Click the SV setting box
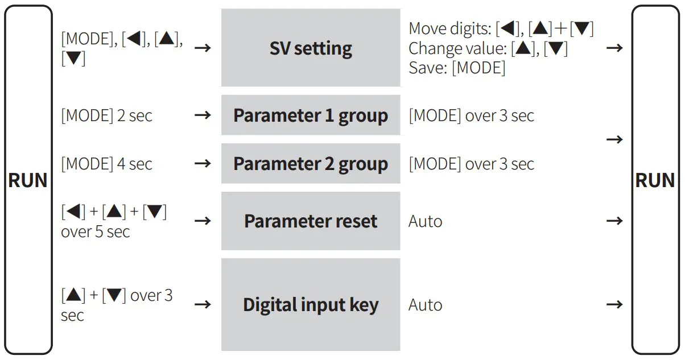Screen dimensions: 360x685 pos(311,48)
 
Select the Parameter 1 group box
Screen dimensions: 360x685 pos(311,115)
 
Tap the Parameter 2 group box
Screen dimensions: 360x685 pos(311,164)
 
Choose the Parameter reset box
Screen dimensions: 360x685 pos(311,221)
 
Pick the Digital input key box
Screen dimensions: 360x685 pos(311,305)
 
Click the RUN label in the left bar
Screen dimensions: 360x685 pos(28,181)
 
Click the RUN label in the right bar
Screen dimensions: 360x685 pos(655,181)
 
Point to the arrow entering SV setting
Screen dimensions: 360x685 pos(203,48)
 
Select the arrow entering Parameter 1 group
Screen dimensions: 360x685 pos(203,115)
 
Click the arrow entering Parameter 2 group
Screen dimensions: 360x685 pos(203,164)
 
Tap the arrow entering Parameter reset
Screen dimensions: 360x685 pos(203,221)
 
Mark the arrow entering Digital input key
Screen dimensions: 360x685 pos(203,305)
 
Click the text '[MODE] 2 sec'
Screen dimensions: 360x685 pos(107,116)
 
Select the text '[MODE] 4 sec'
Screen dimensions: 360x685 pos(107,164)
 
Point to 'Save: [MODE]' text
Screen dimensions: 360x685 pos(457,68)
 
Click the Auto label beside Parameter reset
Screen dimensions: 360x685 pos(425,221)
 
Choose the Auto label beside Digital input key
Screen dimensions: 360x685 pos(425,305)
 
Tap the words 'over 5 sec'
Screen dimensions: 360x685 pos(96,232)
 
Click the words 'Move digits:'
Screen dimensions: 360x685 pos(450,28)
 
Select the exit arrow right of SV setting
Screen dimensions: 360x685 pos(614,48)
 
